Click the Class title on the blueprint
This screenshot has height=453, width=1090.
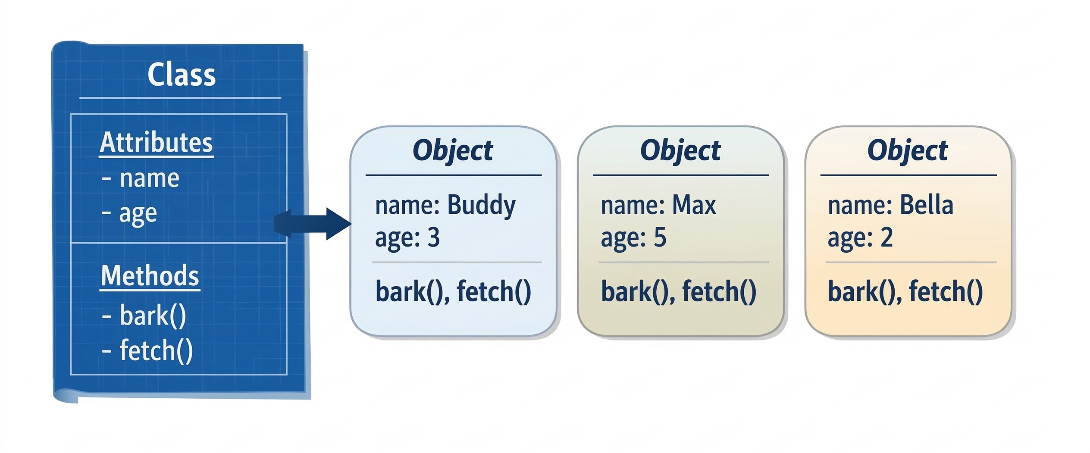pyautogui.click(x=182, y=75)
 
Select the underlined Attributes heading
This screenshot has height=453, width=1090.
pyautogui.click(x=156, y=143)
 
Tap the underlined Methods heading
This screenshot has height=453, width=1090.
pyautogui.click(x=150, y=276)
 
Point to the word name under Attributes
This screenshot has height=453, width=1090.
pyautogui.click(x=149, y=178)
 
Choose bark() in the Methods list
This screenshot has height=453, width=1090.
pyautogui.click(x=153, y=316)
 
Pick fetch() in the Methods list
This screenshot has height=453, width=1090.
pyautogui.click(x=156, y=350)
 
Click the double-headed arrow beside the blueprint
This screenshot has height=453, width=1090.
pyautogui.click(x=312, y=224)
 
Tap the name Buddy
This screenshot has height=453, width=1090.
pyautogui.click(x=481, y=205)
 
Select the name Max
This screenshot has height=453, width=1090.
pyautogui.click(x=694, y=205)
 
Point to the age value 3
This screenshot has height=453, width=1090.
pyautogui.click(x=433, y=237)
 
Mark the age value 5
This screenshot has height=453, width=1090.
pyautogui.click(x=660, y=237)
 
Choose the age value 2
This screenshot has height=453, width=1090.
pyautogui.click(x=886, y=237)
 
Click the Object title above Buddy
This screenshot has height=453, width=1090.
pyautogui.click(x=453, y=151)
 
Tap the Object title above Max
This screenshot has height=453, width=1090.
pyautogui.click(x=680, y=151)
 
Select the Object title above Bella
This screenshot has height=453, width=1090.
pyautogui.click(x=908, y=151)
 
